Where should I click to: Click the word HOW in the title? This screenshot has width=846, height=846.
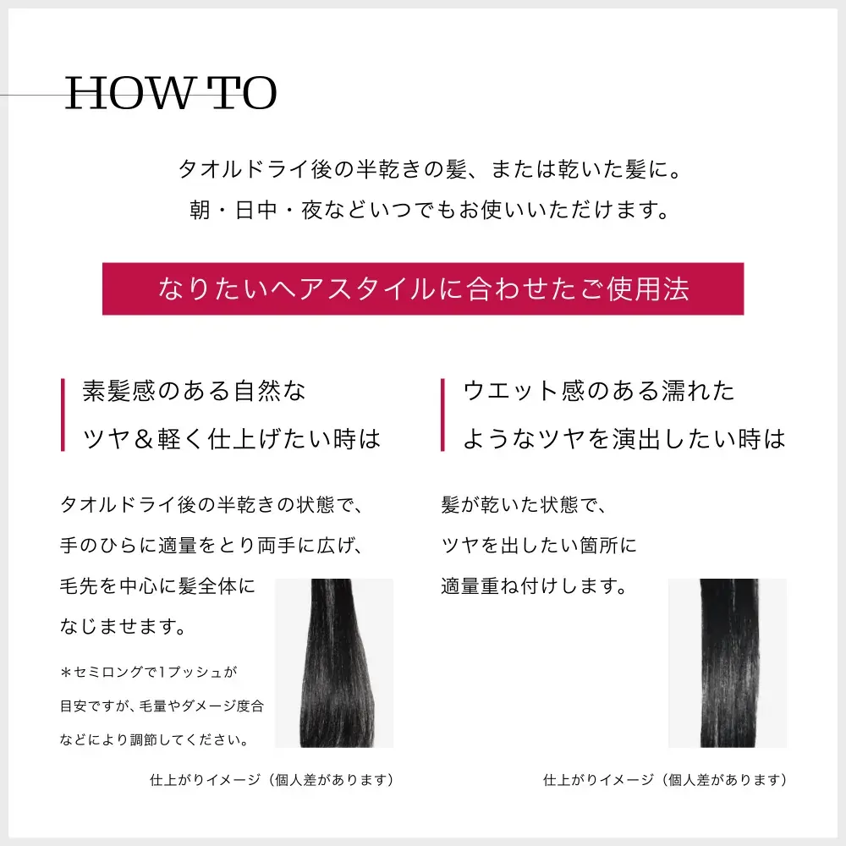(129, 93)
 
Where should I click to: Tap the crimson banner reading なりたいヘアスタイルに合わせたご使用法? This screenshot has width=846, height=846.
(423, 288)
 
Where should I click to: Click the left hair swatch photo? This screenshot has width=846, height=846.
(334, 662)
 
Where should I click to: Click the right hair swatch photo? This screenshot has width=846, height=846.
(728, 662)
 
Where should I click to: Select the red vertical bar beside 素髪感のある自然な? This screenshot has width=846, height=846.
(63, 415)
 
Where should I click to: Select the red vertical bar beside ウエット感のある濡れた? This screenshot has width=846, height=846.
(443, 415)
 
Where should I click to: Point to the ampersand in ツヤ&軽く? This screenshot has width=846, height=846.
(144, 439)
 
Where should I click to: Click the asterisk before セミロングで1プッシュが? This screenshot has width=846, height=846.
(66, 673)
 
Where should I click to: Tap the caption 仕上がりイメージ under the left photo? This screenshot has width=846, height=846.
(205, 780)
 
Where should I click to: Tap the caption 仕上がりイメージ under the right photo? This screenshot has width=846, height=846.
(598, 780)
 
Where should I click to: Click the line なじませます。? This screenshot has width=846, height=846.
(124, 626)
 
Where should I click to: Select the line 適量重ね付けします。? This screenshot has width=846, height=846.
(535, 586)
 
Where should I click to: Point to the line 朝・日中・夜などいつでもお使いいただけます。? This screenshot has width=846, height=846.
(430, 210)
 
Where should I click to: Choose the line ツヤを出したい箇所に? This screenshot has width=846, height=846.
(539, 546)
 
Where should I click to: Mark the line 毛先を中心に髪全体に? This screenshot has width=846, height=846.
(157, 586)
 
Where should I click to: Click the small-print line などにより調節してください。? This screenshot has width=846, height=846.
(155, 739)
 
